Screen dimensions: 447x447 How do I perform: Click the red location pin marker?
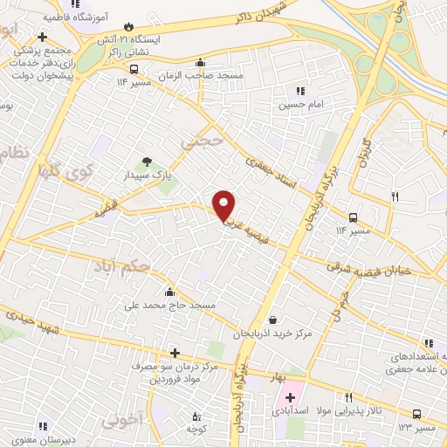point(224,206)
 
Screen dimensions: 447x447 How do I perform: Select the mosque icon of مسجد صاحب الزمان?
point(202,62)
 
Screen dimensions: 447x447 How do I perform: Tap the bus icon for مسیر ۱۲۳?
point(416,415)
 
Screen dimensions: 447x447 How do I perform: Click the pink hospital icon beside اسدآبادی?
point(290,399)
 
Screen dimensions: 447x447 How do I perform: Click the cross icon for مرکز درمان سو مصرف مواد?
point(175,353)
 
